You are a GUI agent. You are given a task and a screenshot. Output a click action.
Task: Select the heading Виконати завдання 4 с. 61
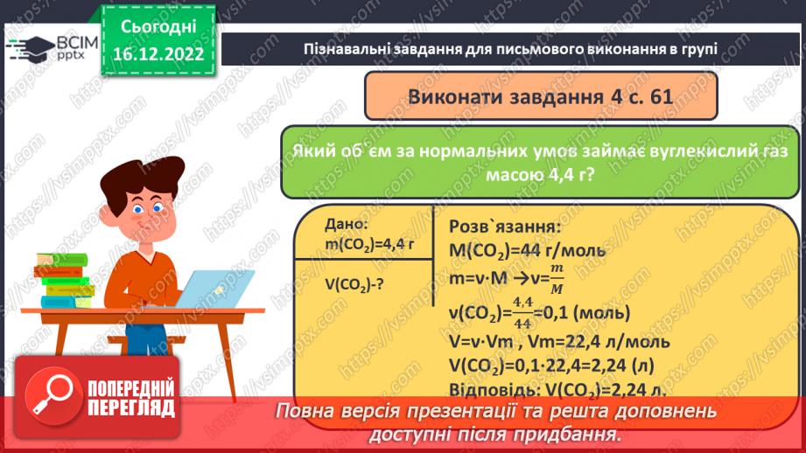tap(540, 96)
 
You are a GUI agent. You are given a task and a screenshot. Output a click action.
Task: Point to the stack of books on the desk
tap(63, 279)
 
